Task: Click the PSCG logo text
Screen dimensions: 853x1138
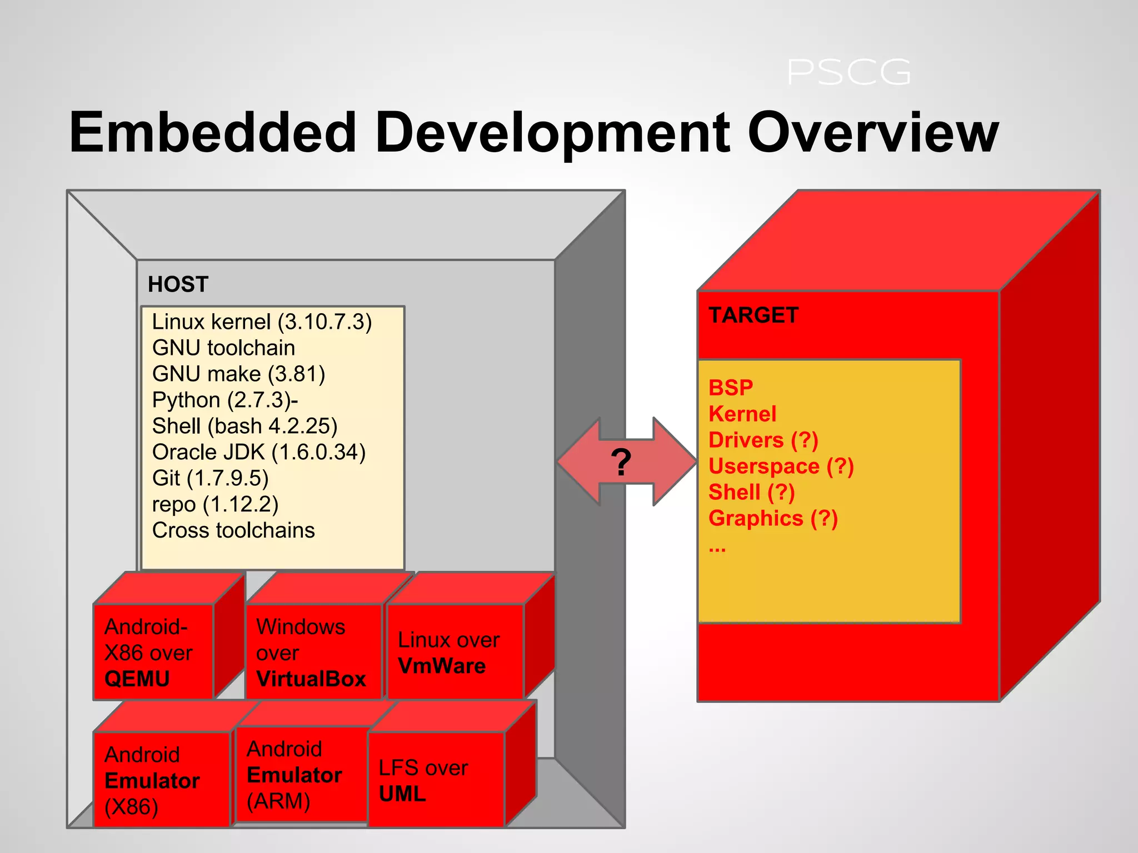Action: click(848, 73)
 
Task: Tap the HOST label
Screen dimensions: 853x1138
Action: click(178, 284)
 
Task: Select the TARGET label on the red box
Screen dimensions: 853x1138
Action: click(753, 315)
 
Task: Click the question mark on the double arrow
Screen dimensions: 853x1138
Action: click(621, 461)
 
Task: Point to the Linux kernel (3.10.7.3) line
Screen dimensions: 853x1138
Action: click(262, 322)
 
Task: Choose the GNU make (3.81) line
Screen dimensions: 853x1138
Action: click(238, 374)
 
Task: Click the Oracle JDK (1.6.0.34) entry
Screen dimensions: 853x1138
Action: click(259, 452)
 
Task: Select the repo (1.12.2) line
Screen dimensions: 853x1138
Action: click(215, 504)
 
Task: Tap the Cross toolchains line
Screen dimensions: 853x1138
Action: click(233, 530)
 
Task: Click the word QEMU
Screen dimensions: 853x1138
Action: click(137, 679)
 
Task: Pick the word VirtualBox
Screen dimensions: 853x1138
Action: click(311, 679)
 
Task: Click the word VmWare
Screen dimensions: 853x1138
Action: click(442, 666)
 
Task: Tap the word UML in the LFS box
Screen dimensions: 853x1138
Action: click(402, 794)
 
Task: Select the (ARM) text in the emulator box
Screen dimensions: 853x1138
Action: click(278, 801)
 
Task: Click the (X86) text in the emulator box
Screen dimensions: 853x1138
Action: click(132, 807)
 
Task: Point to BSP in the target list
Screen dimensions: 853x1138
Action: click(731, 388)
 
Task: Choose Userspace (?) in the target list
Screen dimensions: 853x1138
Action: click(781, 466)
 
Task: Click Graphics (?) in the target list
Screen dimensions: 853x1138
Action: click(773, 519)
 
